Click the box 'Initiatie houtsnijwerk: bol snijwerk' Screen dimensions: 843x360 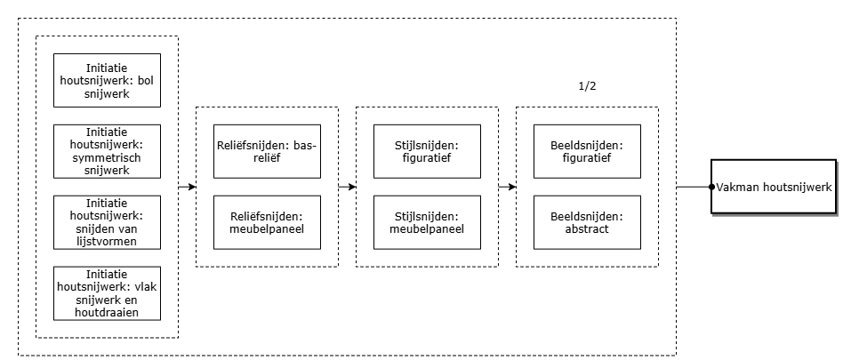coord(107,80)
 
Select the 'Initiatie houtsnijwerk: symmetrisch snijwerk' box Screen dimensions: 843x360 coord(107,151)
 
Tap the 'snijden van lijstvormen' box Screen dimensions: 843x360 coord(107,222)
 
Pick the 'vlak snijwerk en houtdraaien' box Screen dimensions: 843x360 coord(107,293)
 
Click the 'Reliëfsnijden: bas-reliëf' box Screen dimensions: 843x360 coord(267,151)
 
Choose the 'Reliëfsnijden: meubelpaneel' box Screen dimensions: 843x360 coord(267,222)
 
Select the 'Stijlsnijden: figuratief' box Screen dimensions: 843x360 coord(428,151)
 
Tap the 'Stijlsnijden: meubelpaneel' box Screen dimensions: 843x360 coord(428,222)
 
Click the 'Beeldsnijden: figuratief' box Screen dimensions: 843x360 coord(587,151)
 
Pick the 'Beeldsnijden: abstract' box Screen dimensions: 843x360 coord(587,222)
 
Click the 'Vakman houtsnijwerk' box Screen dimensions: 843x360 coord(774,187)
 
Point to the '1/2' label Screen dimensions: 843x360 coord(587,86)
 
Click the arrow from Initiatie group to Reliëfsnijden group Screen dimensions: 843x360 coord(187,187)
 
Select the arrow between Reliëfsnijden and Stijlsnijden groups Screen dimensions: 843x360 coord(348,187)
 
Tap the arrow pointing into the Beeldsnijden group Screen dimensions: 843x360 coord(508,187)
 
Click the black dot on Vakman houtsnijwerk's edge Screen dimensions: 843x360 coord(711,187)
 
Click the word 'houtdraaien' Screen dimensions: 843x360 coord(107,313)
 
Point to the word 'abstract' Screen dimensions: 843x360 coord(587,229)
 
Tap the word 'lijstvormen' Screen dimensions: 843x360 coord(107,241)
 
